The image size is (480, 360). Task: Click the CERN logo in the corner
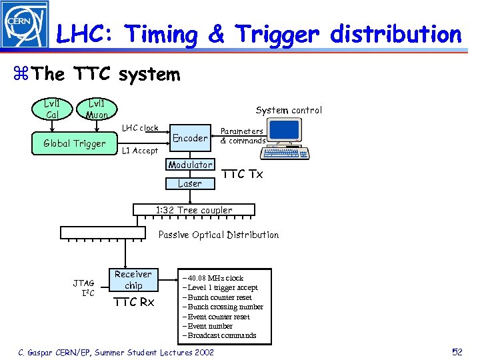tap(25, 25)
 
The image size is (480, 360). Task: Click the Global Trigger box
tap(74, 143)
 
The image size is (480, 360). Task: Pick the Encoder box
tap(190, 138)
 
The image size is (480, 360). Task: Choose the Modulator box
tap(190, 165)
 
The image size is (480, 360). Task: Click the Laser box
tap(190, 183)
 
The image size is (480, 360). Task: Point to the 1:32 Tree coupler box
tap(194, 210)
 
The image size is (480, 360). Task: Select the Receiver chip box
tap(133, 280)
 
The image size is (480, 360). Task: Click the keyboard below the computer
tap(285, 153)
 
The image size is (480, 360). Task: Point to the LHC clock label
tap(140, 128)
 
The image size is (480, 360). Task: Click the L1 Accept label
tap(140, 151)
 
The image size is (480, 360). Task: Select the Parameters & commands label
tap(242, 136)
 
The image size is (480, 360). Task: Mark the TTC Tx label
tap(242, 174)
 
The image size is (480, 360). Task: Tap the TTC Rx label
tap(133, 303)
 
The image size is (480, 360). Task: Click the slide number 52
tap(457, 351)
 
